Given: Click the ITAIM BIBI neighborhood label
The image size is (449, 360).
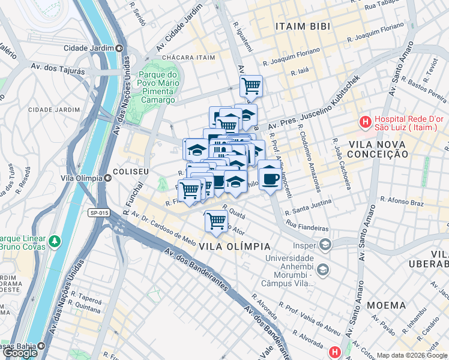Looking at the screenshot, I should point(300,26).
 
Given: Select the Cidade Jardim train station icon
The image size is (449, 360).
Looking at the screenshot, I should point(119,48).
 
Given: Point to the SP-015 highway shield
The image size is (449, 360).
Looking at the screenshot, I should point(99,212).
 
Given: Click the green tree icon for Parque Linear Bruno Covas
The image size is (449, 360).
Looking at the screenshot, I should point(55,241).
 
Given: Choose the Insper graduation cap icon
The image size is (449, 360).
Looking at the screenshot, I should point(325,245).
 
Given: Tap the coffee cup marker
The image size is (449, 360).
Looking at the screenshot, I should point(270,178).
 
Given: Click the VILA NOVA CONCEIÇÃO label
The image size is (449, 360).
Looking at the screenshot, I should point(370,149).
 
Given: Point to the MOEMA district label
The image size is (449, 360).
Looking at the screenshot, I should point(387,305).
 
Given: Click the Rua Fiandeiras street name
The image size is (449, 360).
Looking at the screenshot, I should point(307,229).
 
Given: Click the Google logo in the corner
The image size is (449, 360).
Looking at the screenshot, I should point(20,353).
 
